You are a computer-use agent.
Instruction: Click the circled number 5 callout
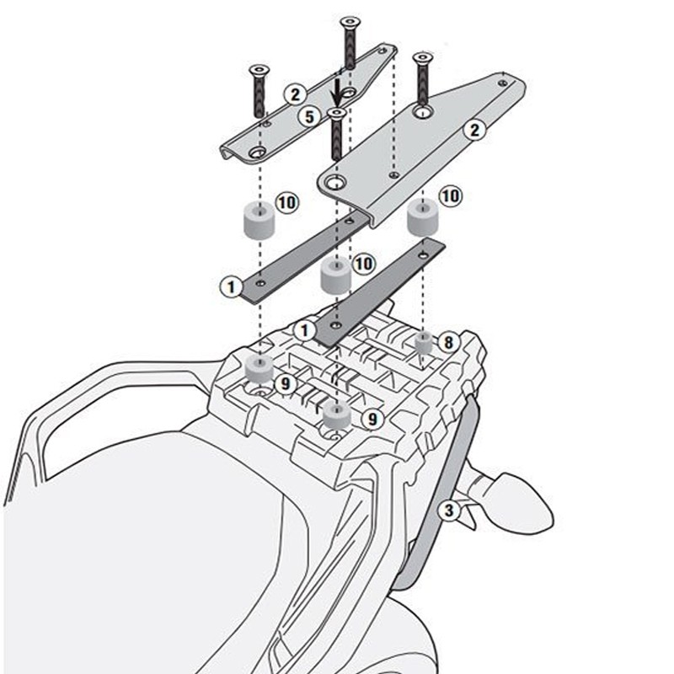pos(310,116)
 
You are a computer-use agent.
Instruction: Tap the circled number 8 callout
pos(449,343)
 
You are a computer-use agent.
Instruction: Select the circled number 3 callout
pos(448,511)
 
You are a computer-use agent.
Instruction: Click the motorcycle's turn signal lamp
pos(511,504)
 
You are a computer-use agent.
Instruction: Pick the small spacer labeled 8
pos(424,343)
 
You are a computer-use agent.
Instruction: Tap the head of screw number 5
pos(336,113)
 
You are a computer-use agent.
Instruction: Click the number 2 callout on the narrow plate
pos(295,94)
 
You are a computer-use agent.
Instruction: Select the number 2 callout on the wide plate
pos(474,130)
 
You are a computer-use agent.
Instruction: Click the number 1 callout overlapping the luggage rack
pos(304,330)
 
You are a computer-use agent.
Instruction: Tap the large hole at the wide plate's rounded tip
pos(334,183)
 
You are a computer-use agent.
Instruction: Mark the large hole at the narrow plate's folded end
pos(258,152)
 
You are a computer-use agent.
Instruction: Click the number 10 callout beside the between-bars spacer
pos(363,264)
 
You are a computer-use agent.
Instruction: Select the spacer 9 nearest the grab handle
pos(259,369)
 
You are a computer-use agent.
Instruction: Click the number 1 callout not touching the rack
pos(231,286)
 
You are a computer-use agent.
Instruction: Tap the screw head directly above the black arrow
pos(350,22)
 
